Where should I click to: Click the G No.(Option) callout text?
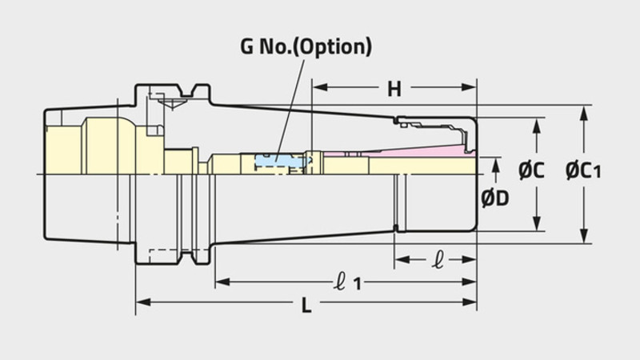click(306, 46)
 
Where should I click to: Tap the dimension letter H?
click(394, 89)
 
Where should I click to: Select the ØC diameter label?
click(531, 170)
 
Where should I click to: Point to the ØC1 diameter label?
click(583, 170)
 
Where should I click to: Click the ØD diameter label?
click(495, 198)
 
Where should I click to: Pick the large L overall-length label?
click(306, 305)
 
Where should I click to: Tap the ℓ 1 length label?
click(347, 282)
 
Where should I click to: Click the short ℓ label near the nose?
click(438, 260)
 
